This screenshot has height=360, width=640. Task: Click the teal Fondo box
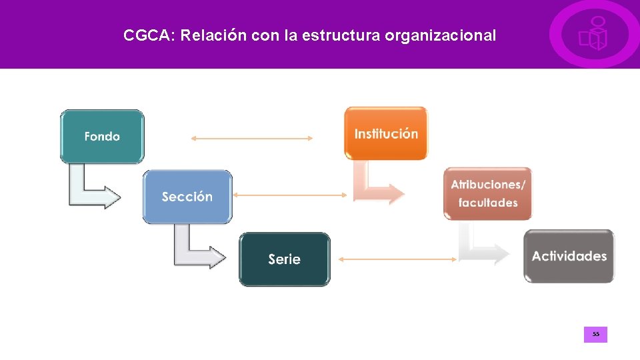coord(102,136)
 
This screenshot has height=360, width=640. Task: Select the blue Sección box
coord(187,197)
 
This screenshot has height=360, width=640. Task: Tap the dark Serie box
coord(285,259)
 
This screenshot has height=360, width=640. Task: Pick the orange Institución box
coord(386,133)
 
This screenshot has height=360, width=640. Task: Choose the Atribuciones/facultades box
coord(488,193)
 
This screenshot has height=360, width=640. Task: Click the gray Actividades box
coord(569,256)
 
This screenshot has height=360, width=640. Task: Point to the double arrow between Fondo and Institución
coord(251,139)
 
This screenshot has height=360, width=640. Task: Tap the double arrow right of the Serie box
coord(395,259)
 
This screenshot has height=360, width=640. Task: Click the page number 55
coord(595,334)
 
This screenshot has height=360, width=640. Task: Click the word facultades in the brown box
coord(488,203)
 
